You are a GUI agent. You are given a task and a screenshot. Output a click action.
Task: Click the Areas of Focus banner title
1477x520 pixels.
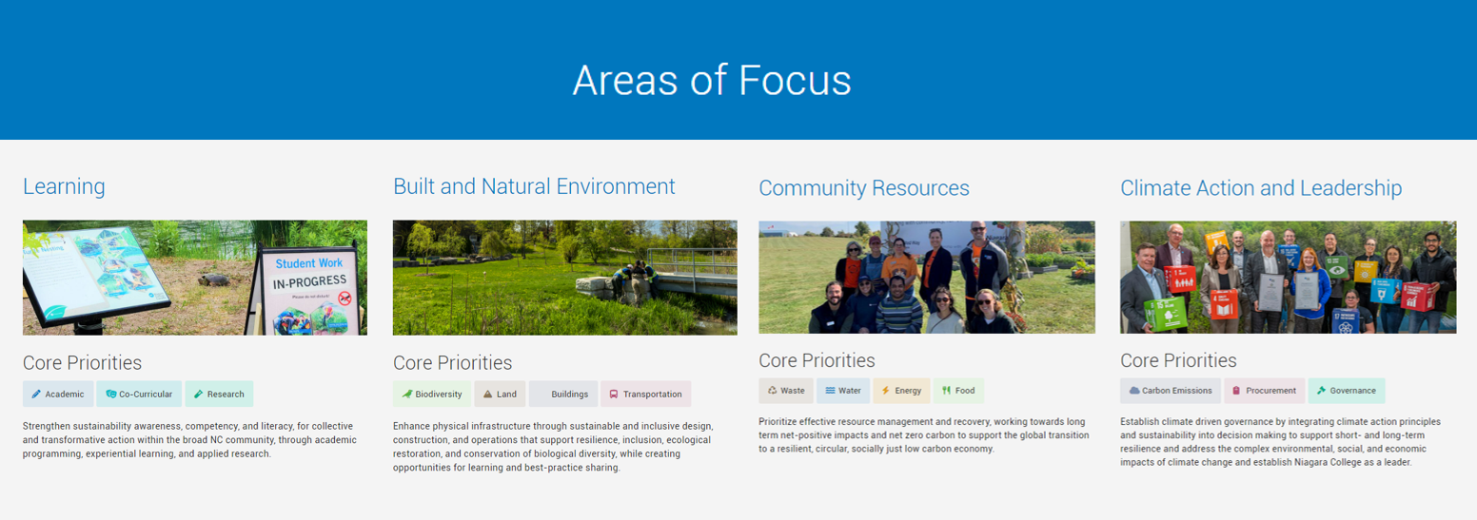click(712, 81)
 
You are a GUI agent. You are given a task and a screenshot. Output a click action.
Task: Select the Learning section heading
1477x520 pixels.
click(64, 186)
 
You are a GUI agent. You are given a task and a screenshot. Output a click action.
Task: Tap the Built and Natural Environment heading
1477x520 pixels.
click(534, 186)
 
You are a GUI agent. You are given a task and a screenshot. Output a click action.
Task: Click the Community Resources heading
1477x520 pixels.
click(864, 188)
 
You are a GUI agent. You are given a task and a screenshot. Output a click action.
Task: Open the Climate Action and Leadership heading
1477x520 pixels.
click(1261, 188)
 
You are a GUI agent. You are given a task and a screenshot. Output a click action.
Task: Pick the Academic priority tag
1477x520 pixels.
click(58, 395)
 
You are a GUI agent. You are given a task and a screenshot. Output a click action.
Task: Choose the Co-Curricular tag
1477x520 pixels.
click(139, 395)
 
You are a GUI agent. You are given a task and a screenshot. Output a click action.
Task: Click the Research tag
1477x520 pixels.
click(219, 395)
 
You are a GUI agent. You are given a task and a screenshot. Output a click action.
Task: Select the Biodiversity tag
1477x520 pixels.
click(432, 395)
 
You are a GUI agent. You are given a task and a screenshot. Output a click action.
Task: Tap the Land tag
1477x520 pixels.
click(500, 395)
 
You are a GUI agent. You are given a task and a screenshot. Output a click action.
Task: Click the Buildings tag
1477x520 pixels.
click(563, 395)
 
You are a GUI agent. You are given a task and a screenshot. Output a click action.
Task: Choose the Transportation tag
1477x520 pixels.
click(645, 395)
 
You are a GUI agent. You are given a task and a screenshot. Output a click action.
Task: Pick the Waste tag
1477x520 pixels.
click(786, 391)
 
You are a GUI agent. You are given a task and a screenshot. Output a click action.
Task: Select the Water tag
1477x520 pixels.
click(843, 391)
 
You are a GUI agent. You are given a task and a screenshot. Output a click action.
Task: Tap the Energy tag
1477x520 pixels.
click(901, 391)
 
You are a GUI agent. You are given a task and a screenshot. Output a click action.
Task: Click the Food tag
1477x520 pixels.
click(958, 391)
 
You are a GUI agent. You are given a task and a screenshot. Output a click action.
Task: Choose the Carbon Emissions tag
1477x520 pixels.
click(1171, 391)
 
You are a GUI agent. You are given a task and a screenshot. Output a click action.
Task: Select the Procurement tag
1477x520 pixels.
click(1265, 391)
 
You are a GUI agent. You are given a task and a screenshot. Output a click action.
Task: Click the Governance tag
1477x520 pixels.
click(1347, 391)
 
